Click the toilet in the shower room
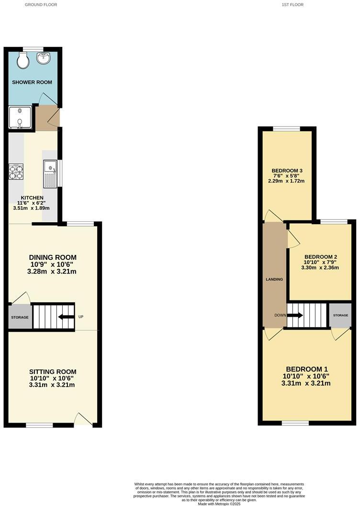tap(22, 60)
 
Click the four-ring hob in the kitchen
tap(16, 172)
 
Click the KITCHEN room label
tap(32, 198)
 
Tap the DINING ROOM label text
tap(52, 257)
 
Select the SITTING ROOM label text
tap(53, 372)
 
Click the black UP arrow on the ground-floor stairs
tap(66, 317)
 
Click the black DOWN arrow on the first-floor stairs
tap(295, 315)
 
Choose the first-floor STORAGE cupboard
tap(340, 315)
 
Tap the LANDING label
tap(274, 279)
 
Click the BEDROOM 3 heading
tap(287, 171)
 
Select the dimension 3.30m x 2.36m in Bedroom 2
tap(320, 268)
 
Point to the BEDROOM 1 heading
tap(306, 369)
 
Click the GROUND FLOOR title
tap(41, 5)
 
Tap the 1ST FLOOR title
tap(292, 5)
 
